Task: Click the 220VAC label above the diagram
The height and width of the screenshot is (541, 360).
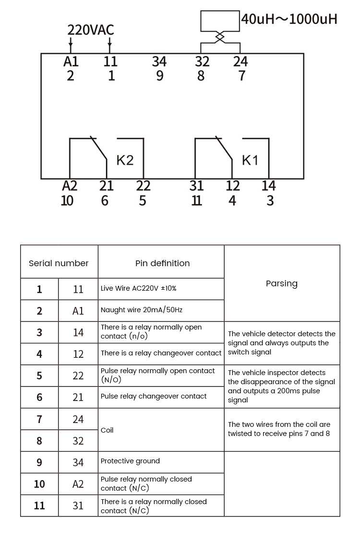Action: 90,30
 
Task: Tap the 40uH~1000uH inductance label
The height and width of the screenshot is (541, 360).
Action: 289,19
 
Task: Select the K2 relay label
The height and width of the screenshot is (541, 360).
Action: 125,160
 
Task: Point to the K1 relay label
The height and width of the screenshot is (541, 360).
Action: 250,160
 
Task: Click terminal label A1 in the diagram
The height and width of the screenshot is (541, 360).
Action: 71,61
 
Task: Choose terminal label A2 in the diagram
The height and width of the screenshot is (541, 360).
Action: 70,186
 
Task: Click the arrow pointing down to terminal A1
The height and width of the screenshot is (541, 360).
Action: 71,47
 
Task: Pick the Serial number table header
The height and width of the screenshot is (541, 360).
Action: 59,263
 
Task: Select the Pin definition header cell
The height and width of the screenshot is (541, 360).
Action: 162,263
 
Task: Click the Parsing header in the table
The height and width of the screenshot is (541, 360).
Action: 282,283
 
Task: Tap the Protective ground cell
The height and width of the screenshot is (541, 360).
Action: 130,461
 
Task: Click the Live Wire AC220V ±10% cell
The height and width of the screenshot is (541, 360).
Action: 139,288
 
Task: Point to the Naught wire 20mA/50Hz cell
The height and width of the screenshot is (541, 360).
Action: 142,310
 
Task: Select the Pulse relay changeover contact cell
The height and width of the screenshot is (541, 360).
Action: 154,396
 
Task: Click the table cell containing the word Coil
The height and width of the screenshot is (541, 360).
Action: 107,430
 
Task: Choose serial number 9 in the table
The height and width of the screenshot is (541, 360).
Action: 39,462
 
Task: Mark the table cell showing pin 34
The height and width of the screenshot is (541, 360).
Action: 78,462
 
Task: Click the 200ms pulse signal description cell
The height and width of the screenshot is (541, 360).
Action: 281,386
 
